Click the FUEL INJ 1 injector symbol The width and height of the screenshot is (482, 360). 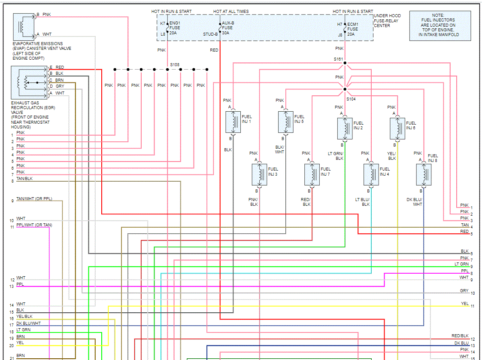tap(233, 122)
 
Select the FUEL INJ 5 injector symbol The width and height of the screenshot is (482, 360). tap(285, 122)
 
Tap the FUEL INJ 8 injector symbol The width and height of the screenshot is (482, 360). tap(424, 174)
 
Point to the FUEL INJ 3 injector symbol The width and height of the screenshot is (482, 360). tap(260, 174)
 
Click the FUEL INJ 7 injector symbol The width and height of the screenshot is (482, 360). tap(312, 174)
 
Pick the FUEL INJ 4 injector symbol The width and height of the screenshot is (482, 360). tap(371, 174)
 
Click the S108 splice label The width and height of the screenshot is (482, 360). tap(174, 64)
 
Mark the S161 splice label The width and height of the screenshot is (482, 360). tap(339, 59)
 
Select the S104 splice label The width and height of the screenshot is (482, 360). tap(352, 99)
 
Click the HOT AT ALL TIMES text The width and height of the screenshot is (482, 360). tap(231, 12)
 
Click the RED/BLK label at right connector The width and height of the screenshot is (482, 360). tap(460, 336)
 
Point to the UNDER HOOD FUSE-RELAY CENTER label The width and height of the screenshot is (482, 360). tap(387, 21)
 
